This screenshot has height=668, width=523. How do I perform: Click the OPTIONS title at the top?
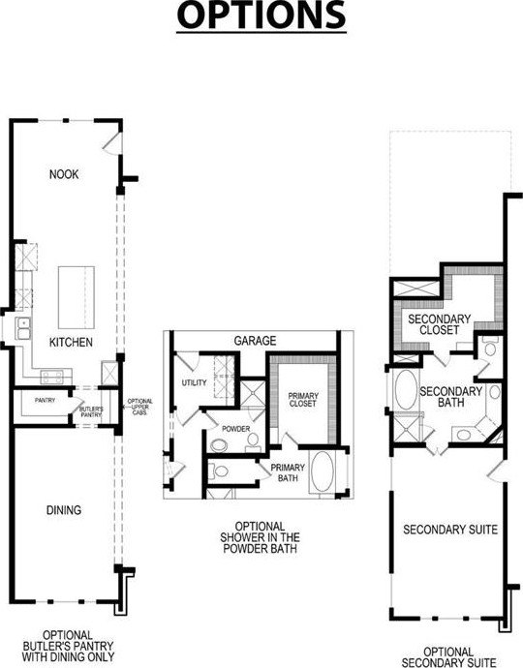tap(261, 15)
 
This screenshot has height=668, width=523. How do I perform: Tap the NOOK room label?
tap(64, 174)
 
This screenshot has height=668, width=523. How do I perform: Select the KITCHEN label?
tap(71, 342)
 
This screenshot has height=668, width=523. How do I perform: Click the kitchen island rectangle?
tap(77, 297)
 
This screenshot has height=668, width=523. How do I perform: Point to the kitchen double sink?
tap(23, 328)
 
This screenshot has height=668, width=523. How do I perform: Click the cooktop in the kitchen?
tap(52, 377)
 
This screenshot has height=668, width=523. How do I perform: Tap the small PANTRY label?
tap(45, 400)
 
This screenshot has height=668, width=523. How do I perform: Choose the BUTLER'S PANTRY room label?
tap(91, 412)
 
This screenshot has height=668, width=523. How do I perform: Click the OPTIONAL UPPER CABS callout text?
tap(139, 407)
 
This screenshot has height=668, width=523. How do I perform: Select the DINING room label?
tap(64, 510)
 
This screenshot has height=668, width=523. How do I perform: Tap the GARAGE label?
tap(255, 341)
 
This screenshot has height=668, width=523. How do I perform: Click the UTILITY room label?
tap(194, 382)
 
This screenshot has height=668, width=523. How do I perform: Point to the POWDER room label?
tap(235, 429)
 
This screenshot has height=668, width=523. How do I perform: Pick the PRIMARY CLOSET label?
tap(302, 400)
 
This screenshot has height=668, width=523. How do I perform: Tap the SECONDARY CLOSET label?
tap(439, 324)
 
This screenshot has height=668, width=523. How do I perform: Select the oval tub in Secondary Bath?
tap(406, 390)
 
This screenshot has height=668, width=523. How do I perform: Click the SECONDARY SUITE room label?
tap(450, 530)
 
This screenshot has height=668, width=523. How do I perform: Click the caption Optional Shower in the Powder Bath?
tap(260, 537)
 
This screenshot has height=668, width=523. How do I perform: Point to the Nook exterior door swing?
tap(112, 142)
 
